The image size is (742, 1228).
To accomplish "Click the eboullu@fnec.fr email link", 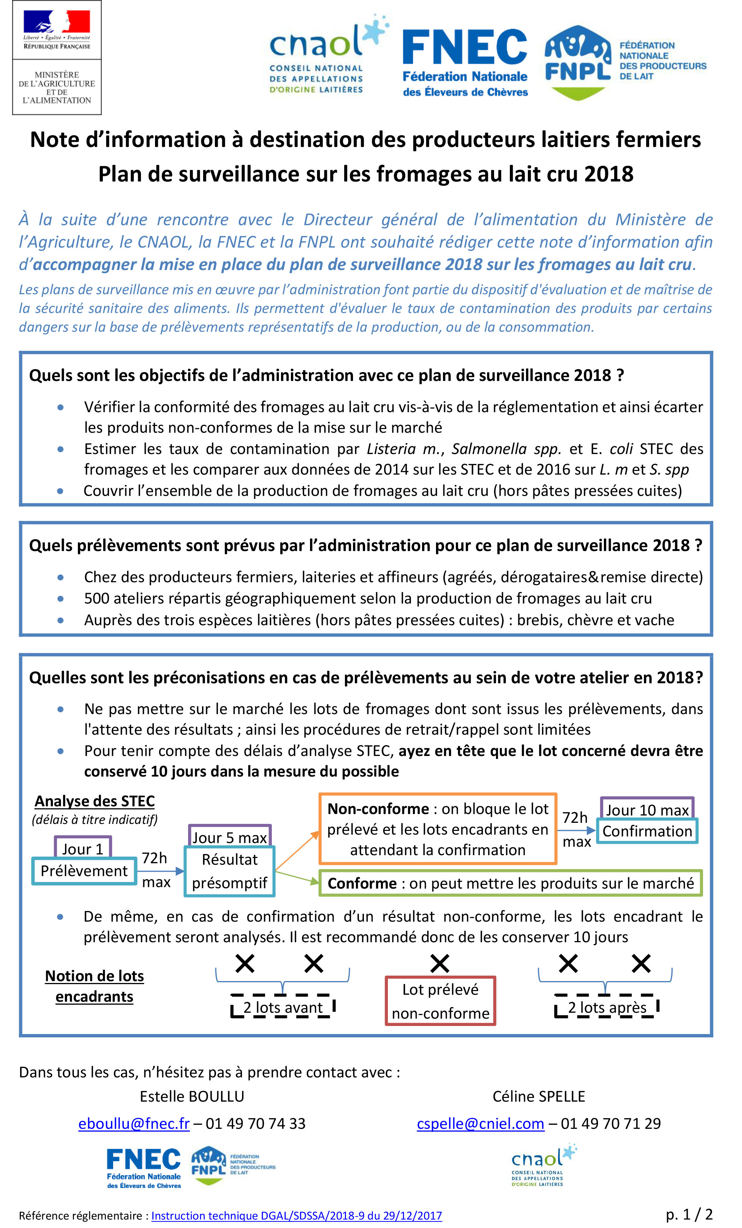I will (x=134, y=1123).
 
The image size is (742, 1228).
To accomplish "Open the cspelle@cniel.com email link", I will (x=480, y=1123).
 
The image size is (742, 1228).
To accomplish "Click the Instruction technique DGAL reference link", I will (x=296, y=1216).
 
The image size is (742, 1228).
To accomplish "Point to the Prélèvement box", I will (x=84, y=871).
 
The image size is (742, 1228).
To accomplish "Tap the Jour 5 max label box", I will (x=230, y=837).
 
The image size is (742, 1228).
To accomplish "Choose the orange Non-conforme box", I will (x=437, y=829).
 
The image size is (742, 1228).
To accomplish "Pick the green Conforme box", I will (x=510, y=883).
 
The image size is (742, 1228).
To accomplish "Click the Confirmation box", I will (x=647, y=831).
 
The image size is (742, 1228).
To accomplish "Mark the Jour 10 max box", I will (x=647, y=810).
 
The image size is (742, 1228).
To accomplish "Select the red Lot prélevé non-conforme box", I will (x=440, y=1001).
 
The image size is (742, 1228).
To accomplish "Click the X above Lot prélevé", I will (x=440, y=964).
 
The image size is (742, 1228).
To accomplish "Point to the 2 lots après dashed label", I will (x=607, y=1007).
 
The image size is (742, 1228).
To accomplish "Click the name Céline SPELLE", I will (x=539, y=1096).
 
